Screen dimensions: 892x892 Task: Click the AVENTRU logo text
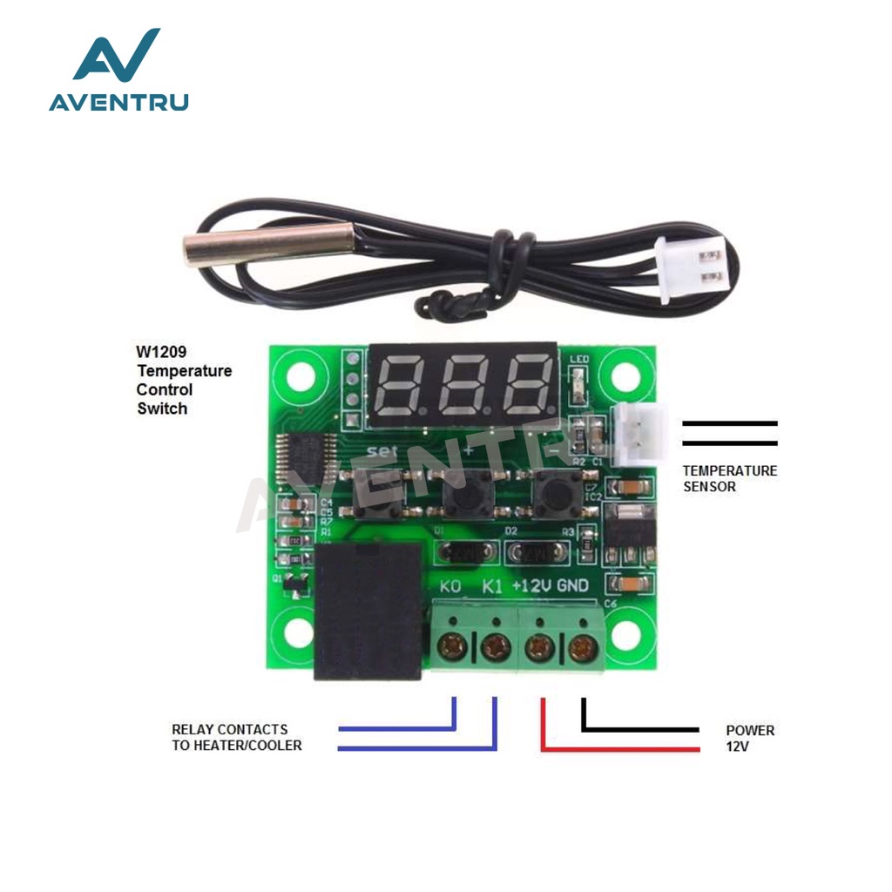click(x=118, y=102)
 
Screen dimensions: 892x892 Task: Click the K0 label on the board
click(x=450, y=586)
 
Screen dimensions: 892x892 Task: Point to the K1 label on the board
click(x=492, y=586)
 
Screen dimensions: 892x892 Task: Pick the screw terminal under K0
click(x=453, y=646)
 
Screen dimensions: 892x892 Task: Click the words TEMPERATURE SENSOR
click(x=729, y=478)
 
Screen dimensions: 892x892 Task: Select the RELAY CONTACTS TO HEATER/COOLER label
click(x=236, y=737)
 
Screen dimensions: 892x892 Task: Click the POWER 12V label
click(x=749, y=738)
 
